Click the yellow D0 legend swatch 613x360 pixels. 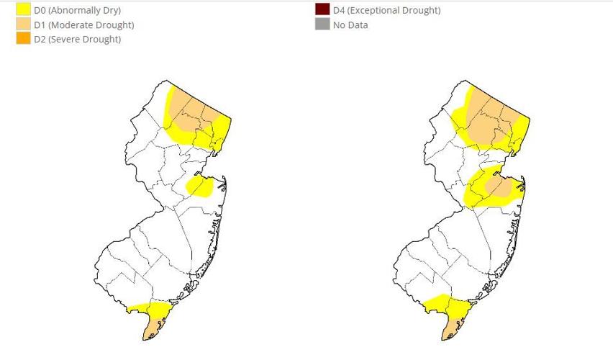pyautogui.click(x=23, y=10)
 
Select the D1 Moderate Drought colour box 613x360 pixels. pyautogui.click(x=23, y=24)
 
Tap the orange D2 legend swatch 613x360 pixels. pyautogui.click(x=23, y=39)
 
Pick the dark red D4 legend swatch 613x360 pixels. pyautogui.click(x=322, y=10)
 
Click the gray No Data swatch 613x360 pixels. pyautogui.click(x=322, y=24)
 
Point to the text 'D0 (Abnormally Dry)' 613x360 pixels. pyautogui.click(x=78, y=10)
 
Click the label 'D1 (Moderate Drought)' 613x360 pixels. pyautogui.click(x=84, y=24)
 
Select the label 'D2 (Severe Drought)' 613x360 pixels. pyautogui.click(x=78, y=39)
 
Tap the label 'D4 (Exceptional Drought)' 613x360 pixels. pyautogui.click(x=386, y=10)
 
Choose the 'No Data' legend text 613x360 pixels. pyautogui.click(x=350, y=24)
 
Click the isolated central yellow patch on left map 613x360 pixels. pyautogui.click(x=200, y=187)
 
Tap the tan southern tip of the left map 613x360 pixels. pyautogui.click(x=153, y=328)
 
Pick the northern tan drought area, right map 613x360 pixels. pyautogui.click(x=489, y=119)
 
